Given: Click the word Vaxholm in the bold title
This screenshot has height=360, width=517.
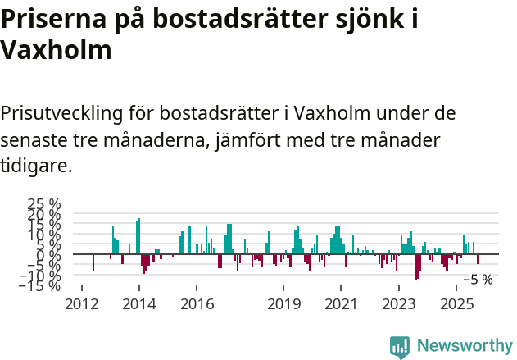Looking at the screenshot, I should coord(56,51).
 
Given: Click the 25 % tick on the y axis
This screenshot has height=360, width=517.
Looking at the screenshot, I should coord(44,203).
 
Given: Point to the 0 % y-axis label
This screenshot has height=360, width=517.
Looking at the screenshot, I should coord(50,254).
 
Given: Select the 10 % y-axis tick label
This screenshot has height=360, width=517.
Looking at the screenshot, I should coord(44,235).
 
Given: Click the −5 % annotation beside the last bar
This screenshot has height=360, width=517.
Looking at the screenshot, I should coord(478,280).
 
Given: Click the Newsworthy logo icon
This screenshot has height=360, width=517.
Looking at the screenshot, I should coord(400,346).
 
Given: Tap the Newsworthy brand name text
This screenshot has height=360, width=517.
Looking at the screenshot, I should coord(464,346).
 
